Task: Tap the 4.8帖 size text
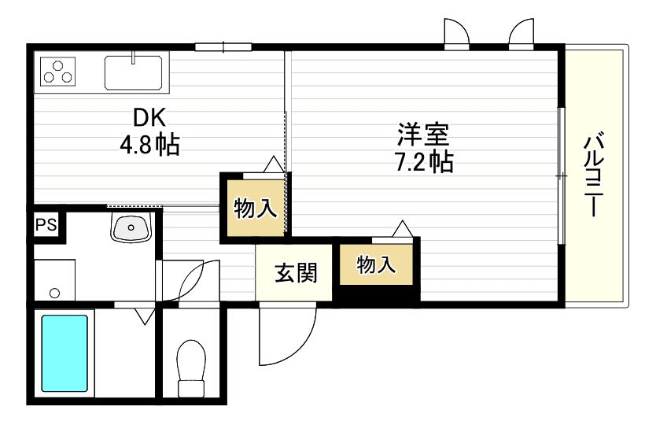[x=149, y=146]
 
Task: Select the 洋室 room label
[x=422, y=134]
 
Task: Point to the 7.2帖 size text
[x=422, y=162]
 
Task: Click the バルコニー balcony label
[x=595, y=175]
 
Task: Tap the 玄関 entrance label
[x=296, y=273]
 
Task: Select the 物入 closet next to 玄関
[x=376, y=265]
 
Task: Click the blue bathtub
[x=64, y=353]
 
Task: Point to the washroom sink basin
[x=130, y=227]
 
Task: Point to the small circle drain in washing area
[x=54, y=293]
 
